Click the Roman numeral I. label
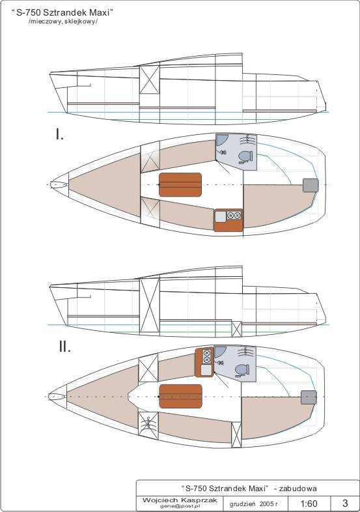point(59,134)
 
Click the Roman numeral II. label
point(64,347)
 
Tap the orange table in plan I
point(180,185)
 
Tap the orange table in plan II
point(180,396)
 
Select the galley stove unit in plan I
point(228,220)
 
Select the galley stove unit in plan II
point(204,362)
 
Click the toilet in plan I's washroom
point(245,156)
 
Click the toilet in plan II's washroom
point(243,370)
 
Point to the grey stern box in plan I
point(311,185)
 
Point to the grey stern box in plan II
point(309,397)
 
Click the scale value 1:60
point(309,503)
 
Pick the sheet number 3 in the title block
point(345,503)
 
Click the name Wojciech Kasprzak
point(180,500)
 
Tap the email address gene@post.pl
point(180,505)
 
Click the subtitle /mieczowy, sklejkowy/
point(63,21)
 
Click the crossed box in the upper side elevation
point(150,79)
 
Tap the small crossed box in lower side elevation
point(236,329)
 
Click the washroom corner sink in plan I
point(221,139)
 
